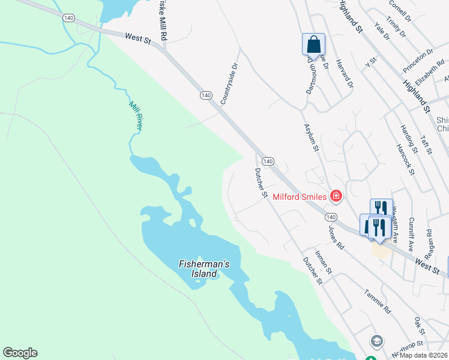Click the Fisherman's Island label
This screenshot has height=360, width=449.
[197, 269]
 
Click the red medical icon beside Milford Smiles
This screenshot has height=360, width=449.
[336, 196]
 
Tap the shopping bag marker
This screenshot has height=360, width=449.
[313, 44]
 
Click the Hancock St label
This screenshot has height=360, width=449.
[406, 159]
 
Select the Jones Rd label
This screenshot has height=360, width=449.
[336, 238]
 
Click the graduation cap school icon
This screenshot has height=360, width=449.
[377, 341]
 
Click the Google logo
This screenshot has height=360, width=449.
[20, 353]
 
